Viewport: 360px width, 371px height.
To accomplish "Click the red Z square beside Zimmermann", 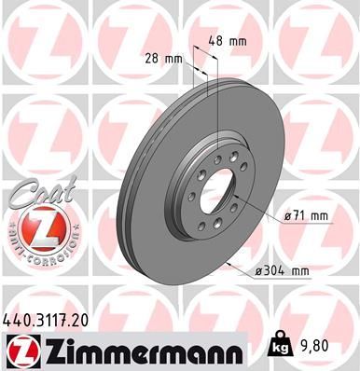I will [20, 350].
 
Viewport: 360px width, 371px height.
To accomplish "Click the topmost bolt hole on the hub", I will [217, 160].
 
